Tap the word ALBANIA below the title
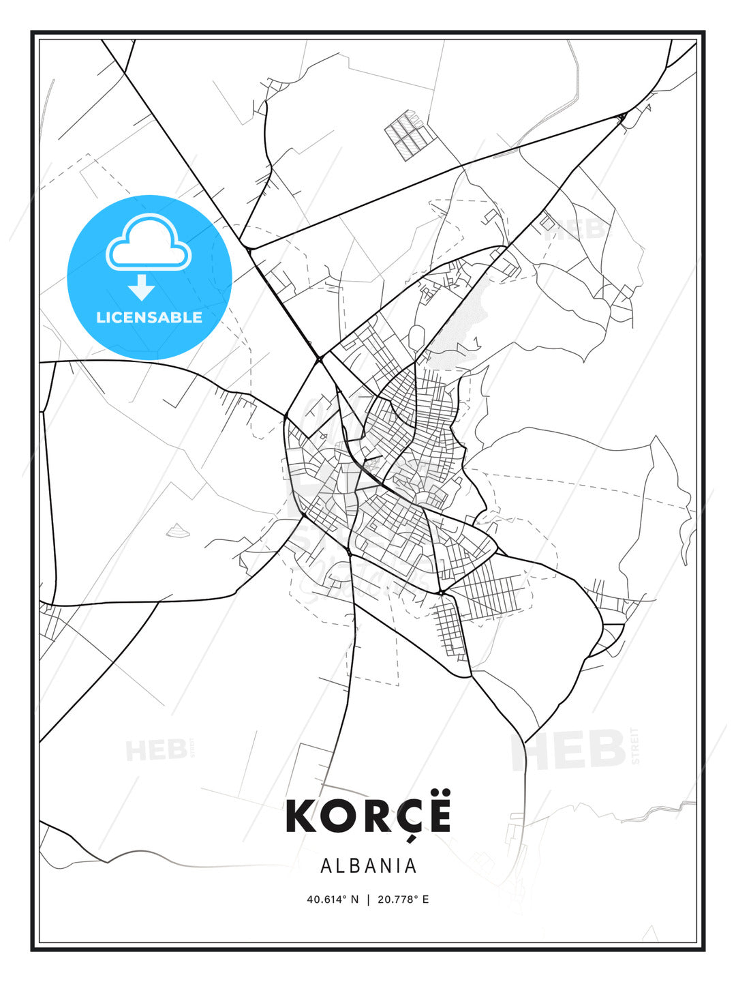pos(368,865)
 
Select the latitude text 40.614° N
pos(333,899)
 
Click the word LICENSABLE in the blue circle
pos(149,317)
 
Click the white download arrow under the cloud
pos(142,287)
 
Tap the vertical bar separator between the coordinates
pos(369,899)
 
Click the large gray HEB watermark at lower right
pos(569,750)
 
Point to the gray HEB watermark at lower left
pos(156,751)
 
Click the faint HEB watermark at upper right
pos(576,230)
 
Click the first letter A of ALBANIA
pos(326,865)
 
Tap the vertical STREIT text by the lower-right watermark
pos(636,746)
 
